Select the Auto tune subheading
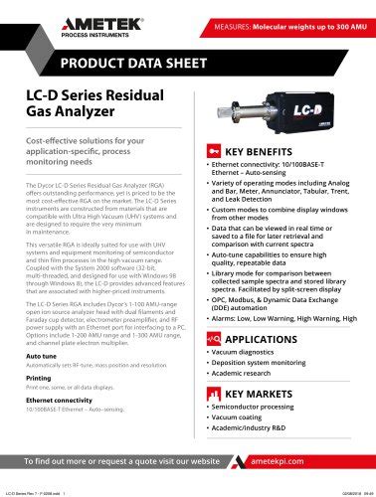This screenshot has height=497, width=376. click(x=41, y=355)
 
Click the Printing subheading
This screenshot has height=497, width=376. click(x=38, y=378)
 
